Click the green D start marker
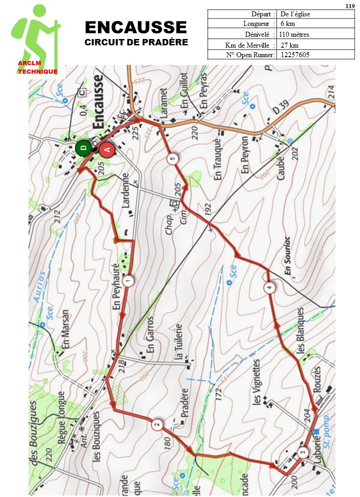83,148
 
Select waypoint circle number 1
129,282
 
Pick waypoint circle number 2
157,425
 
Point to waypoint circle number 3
302,453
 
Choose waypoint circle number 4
270,287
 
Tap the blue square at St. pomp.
316,432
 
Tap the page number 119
350,6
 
